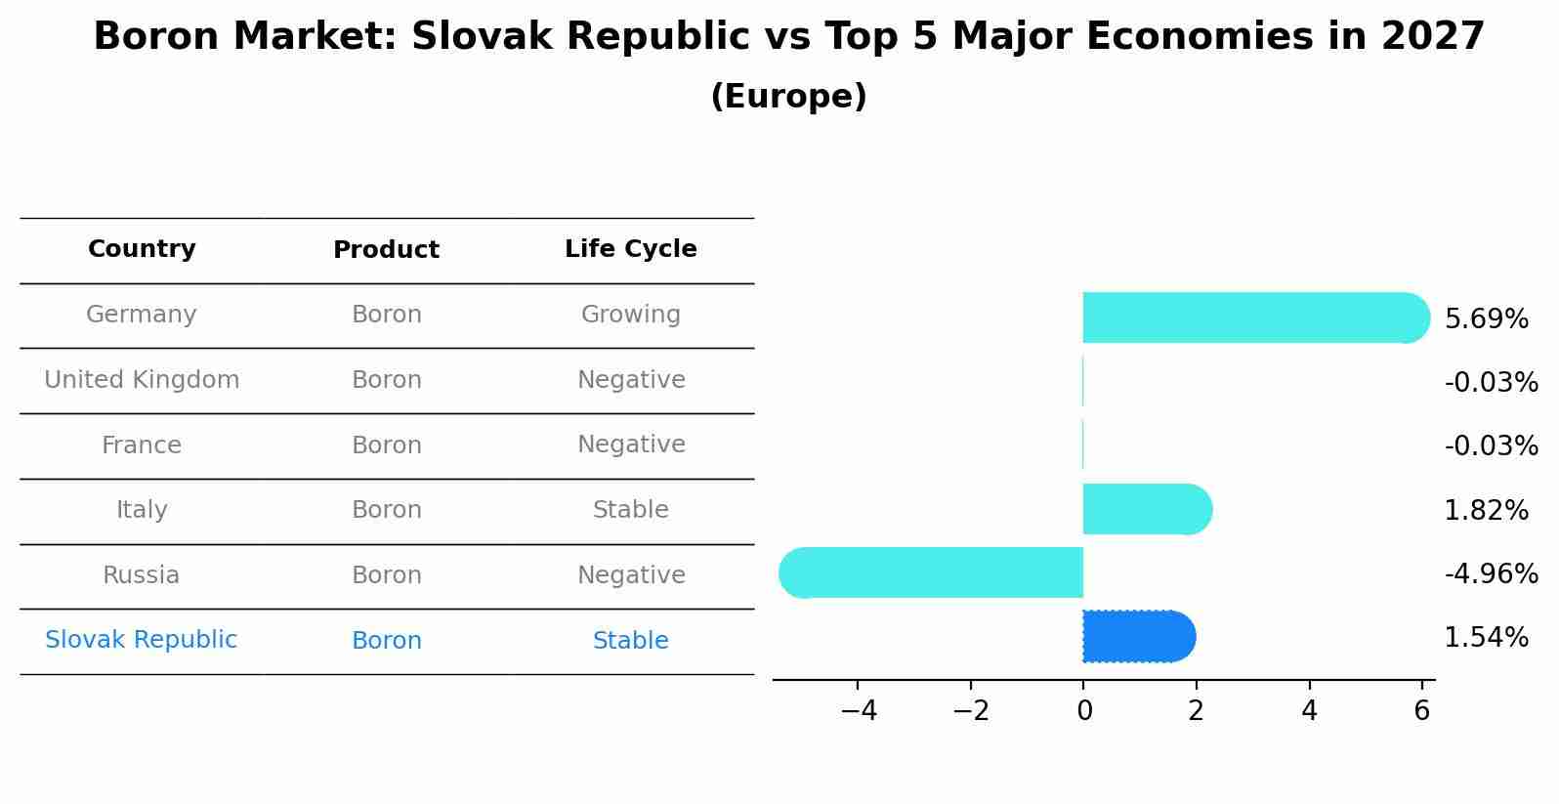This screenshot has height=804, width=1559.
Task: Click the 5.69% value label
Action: [1486, 319]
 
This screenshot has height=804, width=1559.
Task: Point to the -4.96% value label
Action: [1491, 574]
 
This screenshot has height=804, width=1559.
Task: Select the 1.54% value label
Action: [1486, 638]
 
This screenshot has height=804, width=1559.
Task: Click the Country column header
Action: [142, 249]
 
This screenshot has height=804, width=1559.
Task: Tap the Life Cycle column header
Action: [630, 249]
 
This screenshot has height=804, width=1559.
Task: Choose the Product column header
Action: [386, 250]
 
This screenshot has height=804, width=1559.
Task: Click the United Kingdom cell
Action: [142, 380]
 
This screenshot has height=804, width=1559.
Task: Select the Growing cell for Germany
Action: [630, 315]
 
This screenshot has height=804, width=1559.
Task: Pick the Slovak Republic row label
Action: [142, 640]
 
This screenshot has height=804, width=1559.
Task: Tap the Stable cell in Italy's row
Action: [630, 510]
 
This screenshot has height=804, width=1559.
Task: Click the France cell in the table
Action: [142, 445]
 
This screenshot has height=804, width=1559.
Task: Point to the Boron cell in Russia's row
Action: [386, 575]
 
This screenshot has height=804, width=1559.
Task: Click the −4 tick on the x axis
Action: [858, 711]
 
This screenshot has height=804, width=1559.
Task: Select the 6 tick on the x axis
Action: [1421, 711]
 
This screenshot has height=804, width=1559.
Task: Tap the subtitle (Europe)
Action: [788, 97]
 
